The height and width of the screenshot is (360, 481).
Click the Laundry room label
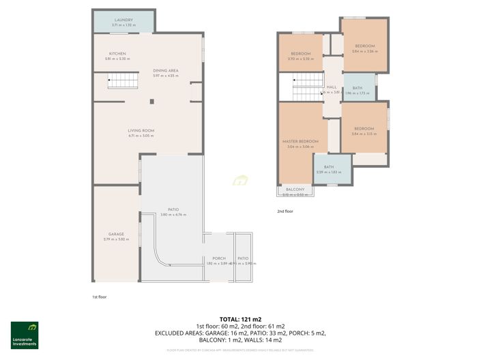click(x=123, y=20)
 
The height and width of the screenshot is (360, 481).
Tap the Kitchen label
click(x=117, y=54)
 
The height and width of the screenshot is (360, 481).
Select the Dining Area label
click(x=166, y=70)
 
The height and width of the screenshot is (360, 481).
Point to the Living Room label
click(x=141, y=130)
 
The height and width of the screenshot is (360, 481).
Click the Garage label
click(x=115, y=234)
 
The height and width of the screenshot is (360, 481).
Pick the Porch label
click(x=219, y=258)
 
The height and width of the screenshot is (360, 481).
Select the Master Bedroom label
click(x=300, y=141)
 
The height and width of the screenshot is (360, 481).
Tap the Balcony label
click(x=295, y=189)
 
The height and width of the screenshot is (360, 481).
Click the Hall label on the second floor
click(x=332, y=87)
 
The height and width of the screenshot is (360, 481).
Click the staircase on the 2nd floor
click(x=308, y=91)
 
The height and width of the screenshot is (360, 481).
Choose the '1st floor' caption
click(x=100, y=297)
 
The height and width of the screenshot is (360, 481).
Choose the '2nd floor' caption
click(x=285, y=211)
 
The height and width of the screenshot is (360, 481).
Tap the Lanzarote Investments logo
click(x=24, y=333)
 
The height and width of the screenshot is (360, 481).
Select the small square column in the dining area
click(x=153, y=102)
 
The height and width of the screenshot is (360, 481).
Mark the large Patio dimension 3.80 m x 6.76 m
click(x=173, y=215)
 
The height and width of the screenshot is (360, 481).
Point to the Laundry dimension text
click(x=123, y=25)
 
